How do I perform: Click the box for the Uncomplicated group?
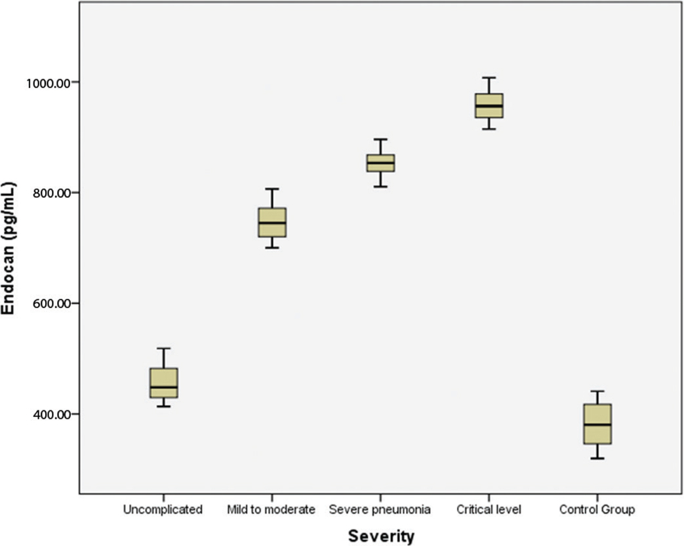coord(163,383)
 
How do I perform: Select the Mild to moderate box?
coord(272,222)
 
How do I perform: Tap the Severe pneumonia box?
coord(381,163)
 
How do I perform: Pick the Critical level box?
coord(489,106)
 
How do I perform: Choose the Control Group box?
coord(597,424)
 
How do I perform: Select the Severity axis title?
coord(381,537)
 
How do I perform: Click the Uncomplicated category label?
coord(163,509)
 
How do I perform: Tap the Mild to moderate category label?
coord(272,509)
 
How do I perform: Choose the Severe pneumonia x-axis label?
coord(380,509)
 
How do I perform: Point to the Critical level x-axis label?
coord(489,509)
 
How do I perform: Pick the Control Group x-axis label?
coord(597,509)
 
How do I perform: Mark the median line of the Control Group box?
coord(597,425)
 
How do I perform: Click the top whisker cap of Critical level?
coord(489,77)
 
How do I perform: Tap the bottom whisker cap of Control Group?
coord(597,458)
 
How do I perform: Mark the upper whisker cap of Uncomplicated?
coord(163,348)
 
